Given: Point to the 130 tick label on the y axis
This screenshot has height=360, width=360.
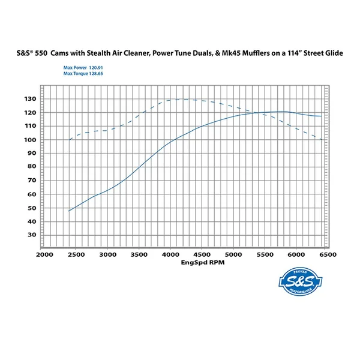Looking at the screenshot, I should [x=31, y=98].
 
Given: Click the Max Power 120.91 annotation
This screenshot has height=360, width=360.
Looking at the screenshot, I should [x=79, y=68].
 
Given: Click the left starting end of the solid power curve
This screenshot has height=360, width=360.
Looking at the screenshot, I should [x=69, y=211].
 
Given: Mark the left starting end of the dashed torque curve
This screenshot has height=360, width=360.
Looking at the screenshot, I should [x=70, y=140].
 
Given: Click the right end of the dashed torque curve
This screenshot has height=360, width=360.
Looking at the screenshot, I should [x=322, y=140].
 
